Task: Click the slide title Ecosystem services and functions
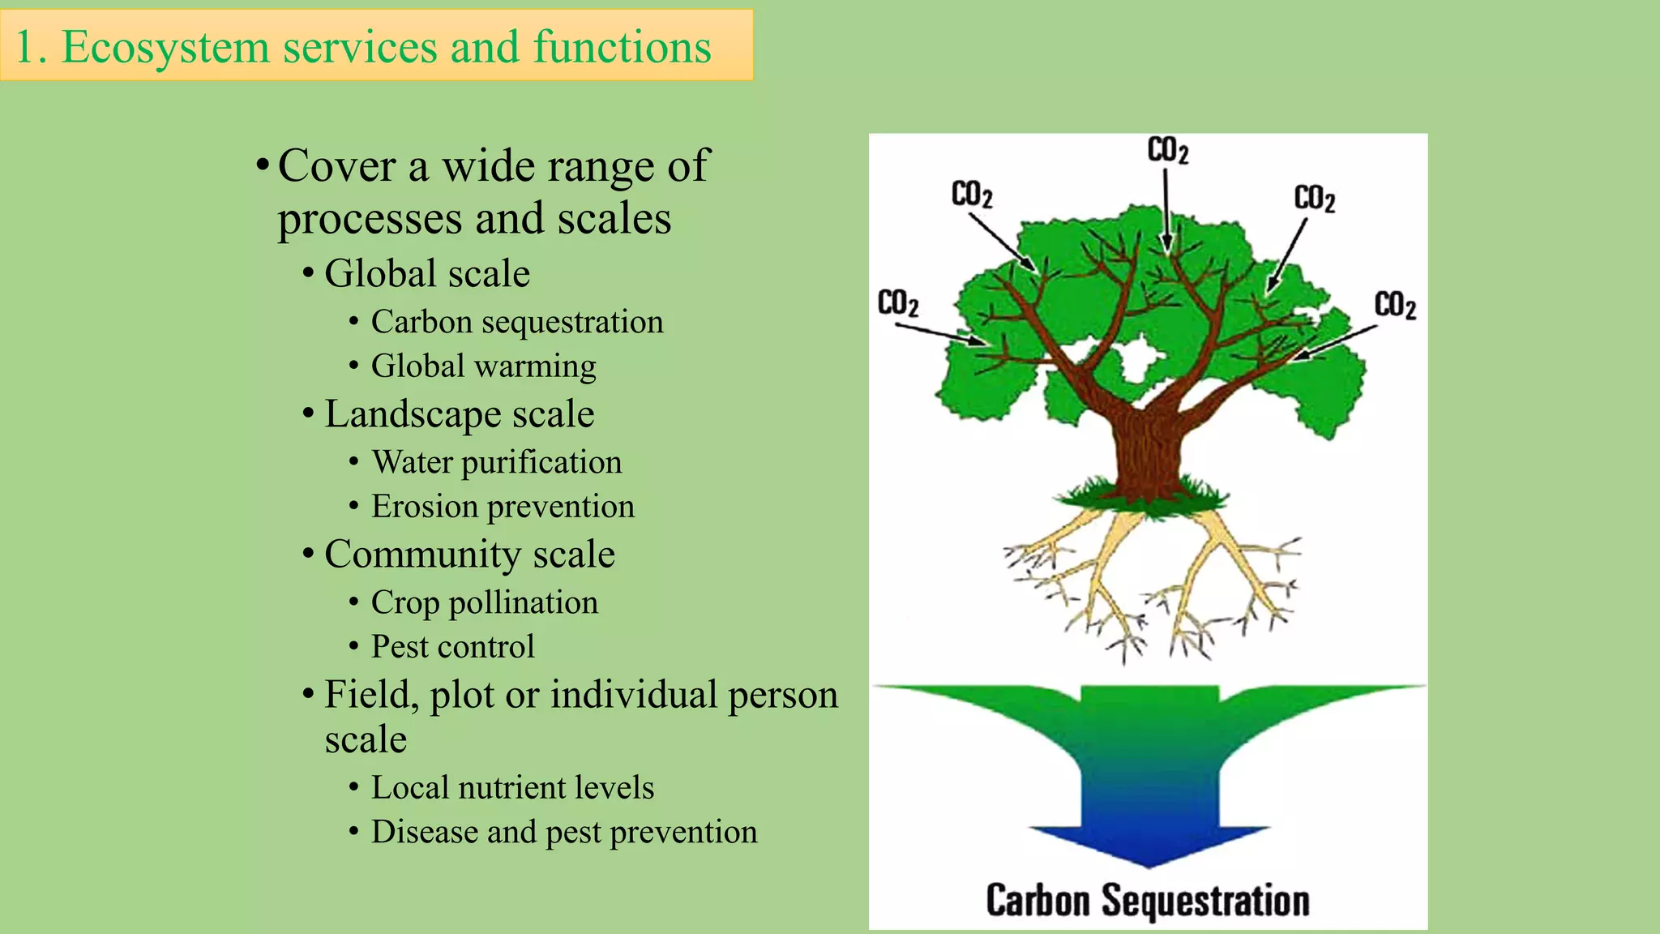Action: click(363, 46)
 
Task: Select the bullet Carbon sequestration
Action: click(516, 322)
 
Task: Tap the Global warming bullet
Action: click(483, 366)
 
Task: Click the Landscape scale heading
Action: click(459, 413)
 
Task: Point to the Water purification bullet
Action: click(496, 462)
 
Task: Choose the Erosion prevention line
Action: click(503, 506)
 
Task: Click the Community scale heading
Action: click(469, 554)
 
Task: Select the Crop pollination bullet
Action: click(484, 602)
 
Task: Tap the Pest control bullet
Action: click(452, 646)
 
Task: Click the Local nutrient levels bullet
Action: click(512, 787)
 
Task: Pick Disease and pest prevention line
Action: click(564, 832)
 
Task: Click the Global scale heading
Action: click(426, 273)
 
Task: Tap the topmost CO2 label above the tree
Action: click(1167, 151)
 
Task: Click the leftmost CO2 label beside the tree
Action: click(898, 303)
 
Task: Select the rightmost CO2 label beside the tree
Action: click(1395, 306)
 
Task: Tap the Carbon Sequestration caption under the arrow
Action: click(1147, 901)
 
